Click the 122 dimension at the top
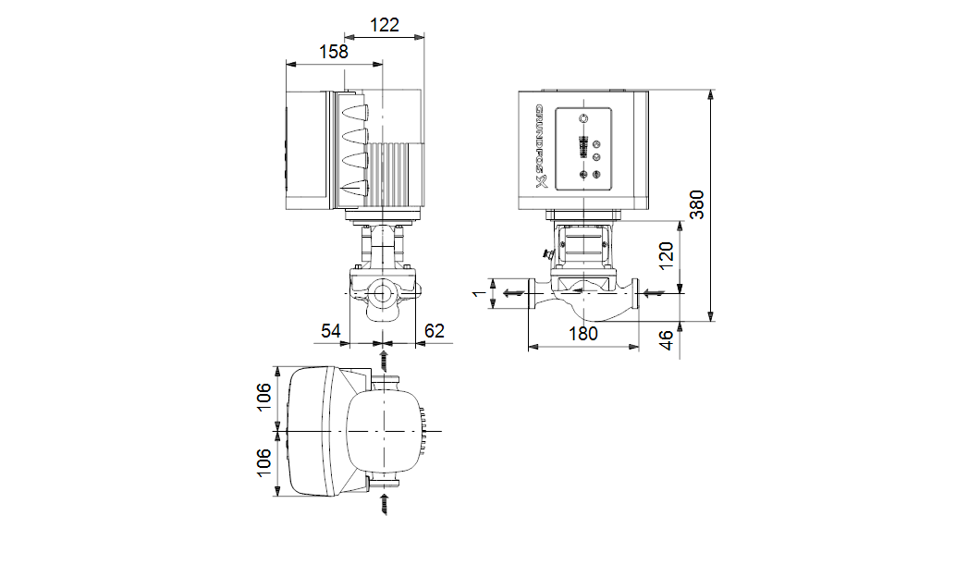pos(385,25)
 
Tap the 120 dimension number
pos(667,252)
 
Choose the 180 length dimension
pos(582,334)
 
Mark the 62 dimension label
pos(435,330)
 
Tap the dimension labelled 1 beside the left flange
pos(478,294)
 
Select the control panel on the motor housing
pos(583,147)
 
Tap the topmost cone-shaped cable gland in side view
pos(354,116)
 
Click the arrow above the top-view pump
pos(385,357)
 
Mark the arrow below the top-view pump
pos(385,505)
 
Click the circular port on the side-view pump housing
pos(383,298)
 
